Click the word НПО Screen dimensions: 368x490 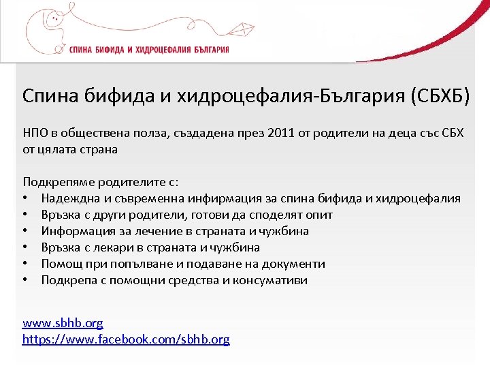(x=35, y=132)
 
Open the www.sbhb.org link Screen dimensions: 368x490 (x=63, y=323)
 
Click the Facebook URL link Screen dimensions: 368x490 (x=126, y=339)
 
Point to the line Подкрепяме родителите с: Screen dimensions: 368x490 (x=100, y=182)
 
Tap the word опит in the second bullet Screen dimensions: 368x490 (x=321, y=215)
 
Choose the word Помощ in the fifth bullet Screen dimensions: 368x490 (x=61, y=264)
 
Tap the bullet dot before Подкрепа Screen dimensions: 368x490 (x=25, y=280)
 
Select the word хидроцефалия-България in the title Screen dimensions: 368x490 (x=291, y=96)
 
